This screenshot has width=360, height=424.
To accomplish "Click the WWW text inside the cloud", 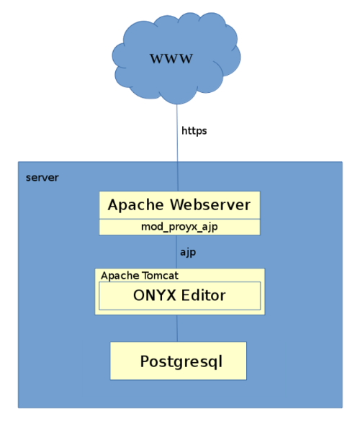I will pos(171,59).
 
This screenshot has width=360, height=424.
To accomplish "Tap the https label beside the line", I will pos(194,131).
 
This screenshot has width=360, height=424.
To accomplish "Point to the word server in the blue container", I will pos(42,178).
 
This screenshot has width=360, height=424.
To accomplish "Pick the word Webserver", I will pos(211,205).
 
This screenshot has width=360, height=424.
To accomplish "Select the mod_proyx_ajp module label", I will pos(179,227).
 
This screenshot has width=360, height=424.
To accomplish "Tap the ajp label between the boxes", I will pos(187,252).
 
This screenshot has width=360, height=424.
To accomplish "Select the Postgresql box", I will pos(178,361).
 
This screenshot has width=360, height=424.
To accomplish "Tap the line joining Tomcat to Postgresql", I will pos(178,328).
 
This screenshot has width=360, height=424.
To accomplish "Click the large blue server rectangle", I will pos(58,324).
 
